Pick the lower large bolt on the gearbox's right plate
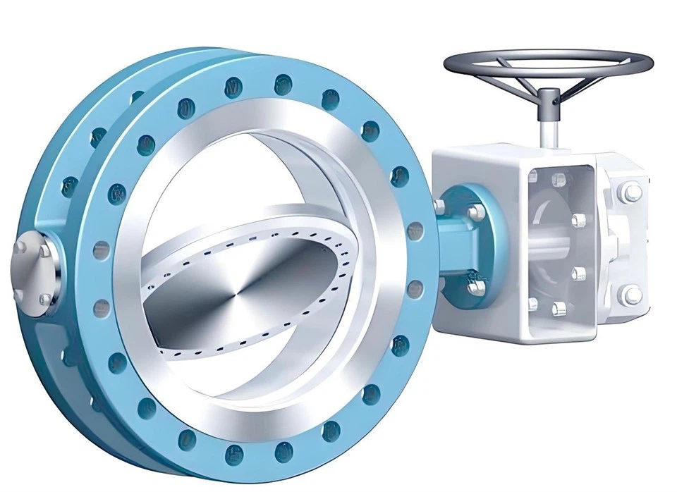point(630,295)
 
